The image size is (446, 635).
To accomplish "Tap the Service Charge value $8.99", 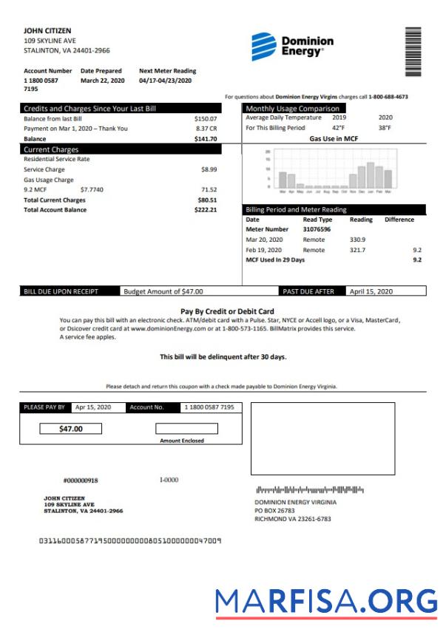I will (x=209, y=169).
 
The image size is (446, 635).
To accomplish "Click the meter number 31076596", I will (x=317, y=230).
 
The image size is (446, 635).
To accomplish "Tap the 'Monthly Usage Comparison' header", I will (x=292, y=109).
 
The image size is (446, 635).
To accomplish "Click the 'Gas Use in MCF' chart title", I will (x=334, y=138).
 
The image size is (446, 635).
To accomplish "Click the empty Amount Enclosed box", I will (x=186, y=429).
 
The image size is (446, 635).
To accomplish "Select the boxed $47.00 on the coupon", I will (x=71, y=429).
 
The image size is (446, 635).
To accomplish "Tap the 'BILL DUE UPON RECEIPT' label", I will (x=58, y=291).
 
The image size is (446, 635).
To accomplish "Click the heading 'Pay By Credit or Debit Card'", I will (x=227, y=311).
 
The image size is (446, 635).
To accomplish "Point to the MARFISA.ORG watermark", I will (x=327, y=602).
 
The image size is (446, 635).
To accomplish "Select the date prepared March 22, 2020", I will (x=103, y=80).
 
